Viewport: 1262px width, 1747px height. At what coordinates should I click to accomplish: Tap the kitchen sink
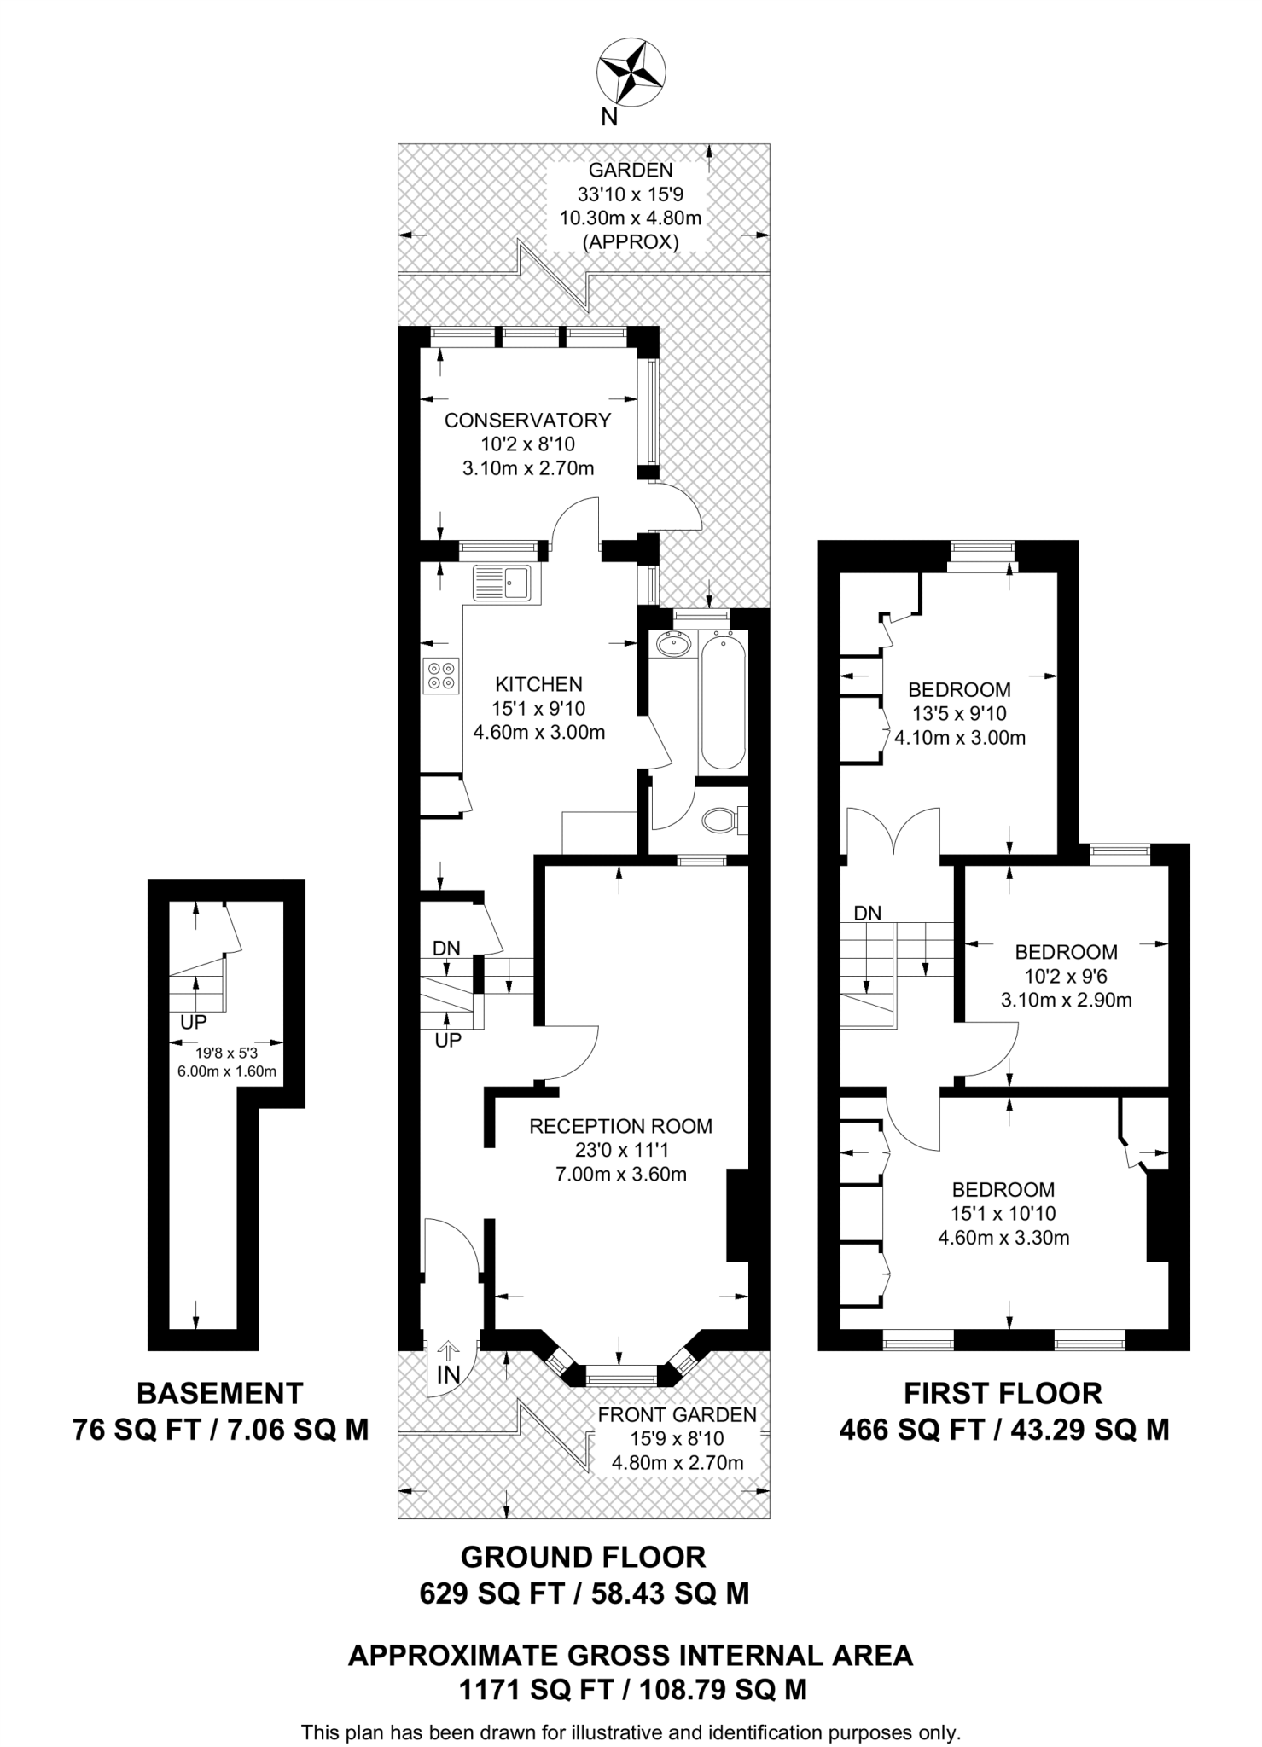(501, 583)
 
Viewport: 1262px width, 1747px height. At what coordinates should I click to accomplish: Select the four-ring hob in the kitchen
(441, 675)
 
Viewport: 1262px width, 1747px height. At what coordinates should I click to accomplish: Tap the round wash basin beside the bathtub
(675, 645)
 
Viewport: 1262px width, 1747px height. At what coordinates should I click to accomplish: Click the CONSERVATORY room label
(527, 420)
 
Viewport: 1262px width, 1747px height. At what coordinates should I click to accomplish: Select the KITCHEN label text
(538, 683)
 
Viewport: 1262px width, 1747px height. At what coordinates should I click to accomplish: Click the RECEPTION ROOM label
(620, 1126)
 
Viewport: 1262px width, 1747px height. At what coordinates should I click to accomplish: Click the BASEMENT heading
(220, 1394)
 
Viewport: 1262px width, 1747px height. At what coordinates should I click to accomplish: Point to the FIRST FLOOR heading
(1003, 1394)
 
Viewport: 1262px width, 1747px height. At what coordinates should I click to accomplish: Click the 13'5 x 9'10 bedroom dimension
(959, 713)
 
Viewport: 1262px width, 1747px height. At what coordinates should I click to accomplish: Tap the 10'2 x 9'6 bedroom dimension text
(1066, 976)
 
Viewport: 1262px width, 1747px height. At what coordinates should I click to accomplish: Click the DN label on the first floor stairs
(867, 913)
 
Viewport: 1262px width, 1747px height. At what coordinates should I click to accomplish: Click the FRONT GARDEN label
(677, 1415)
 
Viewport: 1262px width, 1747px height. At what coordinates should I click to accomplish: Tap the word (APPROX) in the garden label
(630, 242)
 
